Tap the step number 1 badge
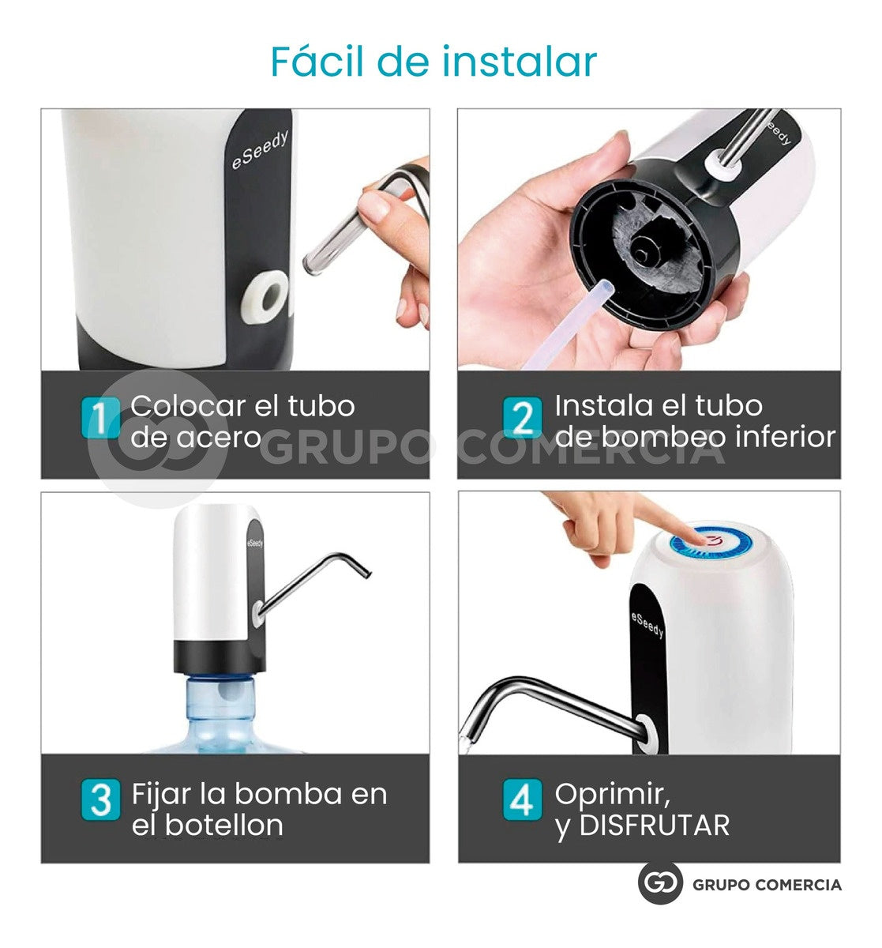tap(101, 419)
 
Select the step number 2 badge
tap(523, 418)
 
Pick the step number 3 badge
tap(101, 799)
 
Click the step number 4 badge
tap(523, 799)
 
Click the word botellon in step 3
tap(223, 826)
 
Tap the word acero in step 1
tap(220, 437)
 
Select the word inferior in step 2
tap(784, 436)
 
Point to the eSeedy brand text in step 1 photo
tap(261, 149)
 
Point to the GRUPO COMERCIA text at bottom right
tap(767, 885)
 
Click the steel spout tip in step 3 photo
tap(362, 570)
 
